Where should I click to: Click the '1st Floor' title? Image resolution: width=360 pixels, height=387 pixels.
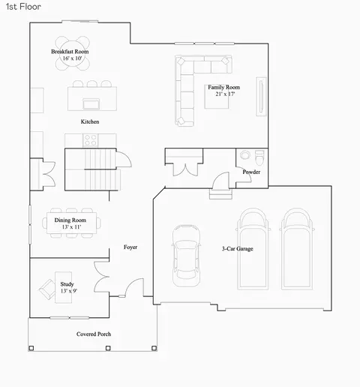pyautogui.click(x=23, y=7)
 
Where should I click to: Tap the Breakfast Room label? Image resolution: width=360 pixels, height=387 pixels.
pyautogui.click(x=70, y=52)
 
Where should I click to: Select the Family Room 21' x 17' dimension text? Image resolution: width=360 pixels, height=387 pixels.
pyautogui.click(x=225, y=94)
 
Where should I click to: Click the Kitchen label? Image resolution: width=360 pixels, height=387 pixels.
pyautogui.click(x=90, y=121)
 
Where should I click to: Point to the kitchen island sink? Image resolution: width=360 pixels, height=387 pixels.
pyautogui.click(x=91, y=103)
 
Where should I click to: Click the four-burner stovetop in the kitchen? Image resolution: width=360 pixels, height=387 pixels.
pyautogui.click(x=91, y=140)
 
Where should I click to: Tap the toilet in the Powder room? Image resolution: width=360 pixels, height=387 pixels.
pyautogui.click(x=259, y=157)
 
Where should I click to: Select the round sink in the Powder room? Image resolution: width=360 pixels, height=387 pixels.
pyautogui.click(x=245, y=154)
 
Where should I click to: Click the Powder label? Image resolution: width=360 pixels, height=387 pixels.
pyautogui.click(x=251, y=172)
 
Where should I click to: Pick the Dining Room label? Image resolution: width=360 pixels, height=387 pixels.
pyautogui.click(x=70, y=220)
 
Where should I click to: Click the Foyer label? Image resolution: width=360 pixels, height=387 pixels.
pyautogui.click(x=130, y=247)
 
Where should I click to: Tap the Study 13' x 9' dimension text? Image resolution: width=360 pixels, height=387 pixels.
pyautogui.click(x=69, y=291)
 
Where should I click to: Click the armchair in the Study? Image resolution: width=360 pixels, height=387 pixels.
pyautogui.click(x=47, y=289)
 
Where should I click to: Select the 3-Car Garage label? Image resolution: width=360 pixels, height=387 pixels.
pyautogui.click(x=238, y=249)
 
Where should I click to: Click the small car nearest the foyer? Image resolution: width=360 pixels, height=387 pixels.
pyautogui.click(x=186, y=255)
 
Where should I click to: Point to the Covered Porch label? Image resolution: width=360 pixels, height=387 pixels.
pyautogui.click(x=94, y=334)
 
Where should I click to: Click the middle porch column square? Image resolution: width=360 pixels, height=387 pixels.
pyautogui.click(x=108, y=348)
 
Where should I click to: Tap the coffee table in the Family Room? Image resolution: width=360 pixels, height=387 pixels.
pyautogui.click(x=217, y=97)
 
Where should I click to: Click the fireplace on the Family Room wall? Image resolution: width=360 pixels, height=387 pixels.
pyautogui.click(x=261, y=97)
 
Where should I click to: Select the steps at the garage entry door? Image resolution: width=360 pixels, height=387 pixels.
pyautogui.click(x=220, y=194)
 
